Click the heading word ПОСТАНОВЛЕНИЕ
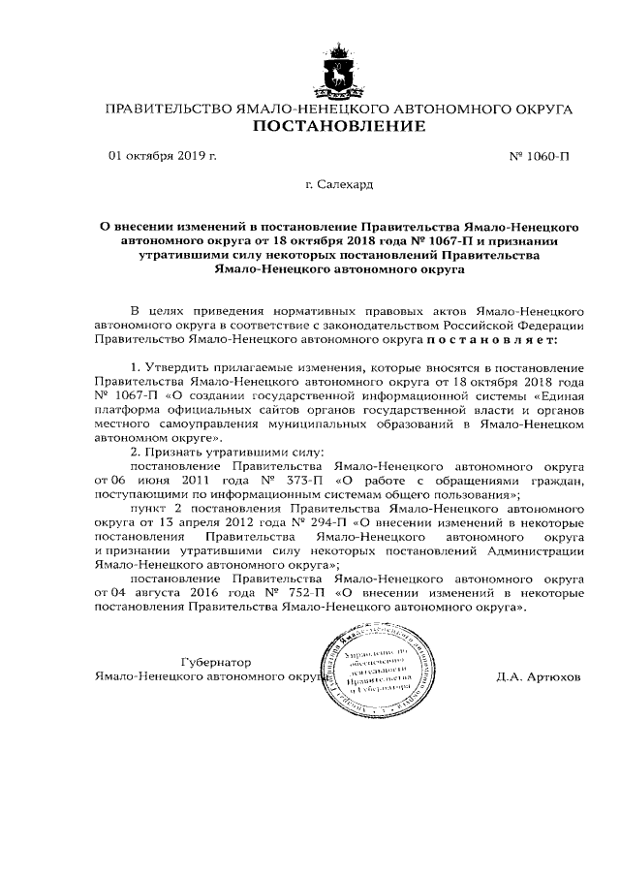tap(338, 128)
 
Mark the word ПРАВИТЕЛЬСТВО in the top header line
tap(169, 110)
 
